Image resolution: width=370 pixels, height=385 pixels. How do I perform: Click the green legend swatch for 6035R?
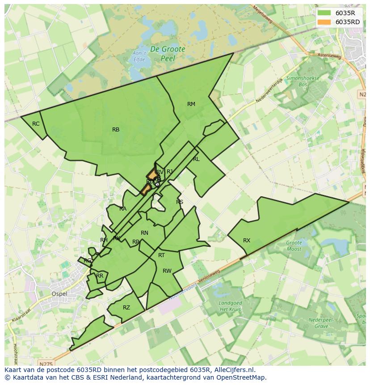coord(324,13)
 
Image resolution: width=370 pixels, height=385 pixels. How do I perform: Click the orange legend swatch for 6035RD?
coord(324,21)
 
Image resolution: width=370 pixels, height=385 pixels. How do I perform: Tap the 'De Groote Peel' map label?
coord(168,54)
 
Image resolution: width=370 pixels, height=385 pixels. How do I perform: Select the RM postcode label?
coord(191,104)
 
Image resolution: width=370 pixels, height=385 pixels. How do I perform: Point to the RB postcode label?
coord(116,130)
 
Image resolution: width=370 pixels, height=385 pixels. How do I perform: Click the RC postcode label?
coord(36,124)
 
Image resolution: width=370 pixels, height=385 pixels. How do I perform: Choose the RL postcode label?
coord(196,159)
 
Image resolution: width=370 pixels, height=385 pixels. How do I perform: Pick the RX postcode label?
coord(247,241)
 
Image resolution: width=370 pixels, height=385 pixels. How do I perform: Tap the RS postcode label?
coord(180,202)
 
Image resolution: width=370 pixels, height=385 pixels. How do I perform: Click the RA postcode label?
coord(123,209)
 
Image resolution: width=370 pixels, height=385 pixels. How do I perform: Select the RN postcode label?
coord(144,233)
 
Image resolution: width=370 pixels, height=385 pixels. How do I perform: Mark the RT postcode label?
coord(161,255)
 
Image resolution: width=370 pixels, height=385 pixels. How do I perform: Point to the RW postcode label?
coord(167,271)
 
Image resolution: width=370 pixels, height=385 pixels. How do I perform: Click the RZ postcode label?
coord(126,308)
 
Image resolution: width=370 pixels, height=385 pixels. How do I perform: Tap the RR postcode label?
coord(100,276)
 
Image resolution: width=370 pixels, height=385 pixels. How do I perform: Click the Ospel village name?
coord(59,294)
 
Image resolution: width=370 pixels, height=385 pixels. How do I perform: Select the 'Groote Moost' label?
coord(294,246)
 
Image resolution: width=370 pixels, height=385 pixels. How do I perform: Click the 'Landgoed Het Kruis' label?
coord(230,306)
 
